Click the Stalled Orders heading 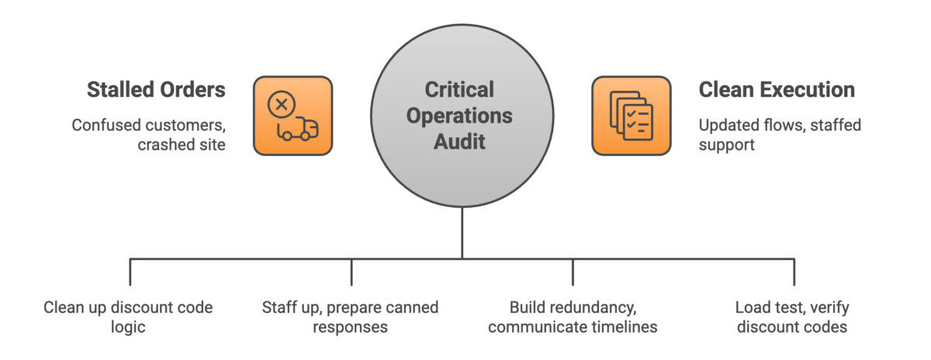[x=156, y=89]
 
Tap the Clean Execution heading [x=777, y=89]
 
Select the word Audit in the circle [x=462, y=141]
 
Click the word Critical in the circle [x=462, y=90]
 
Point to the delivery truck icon [x=298, y=129]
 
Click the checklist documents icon [x=631, y=116]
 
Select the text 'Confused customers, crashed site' [x=148, y=134]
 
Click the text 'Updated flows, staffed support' [x=780, y=134]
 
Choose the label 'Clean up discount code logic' [x=128, y=317]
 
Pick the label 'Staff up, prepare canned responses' [x=350, y=317]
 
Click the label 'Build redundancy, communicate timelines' [x=573, y=317]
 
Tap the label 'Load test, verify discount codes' [x=791, y=317]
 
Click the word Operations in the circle [x=462, y=116]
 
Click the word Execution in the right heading [x=810, y=89]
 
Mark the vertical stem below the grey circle [x=462, y=232]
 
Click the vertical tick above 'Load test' [x=794, y=272]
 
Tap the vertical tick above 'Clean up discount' [x=130, y=272]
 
